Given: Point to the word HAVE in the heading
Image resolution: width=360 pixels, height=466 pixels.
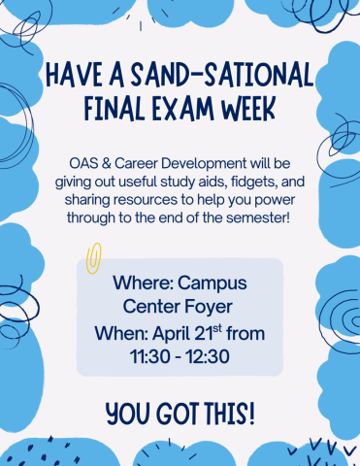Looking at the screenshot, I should click(75, 75).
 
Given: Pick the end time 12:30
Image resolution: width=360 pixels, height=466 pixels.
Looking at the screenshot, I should click(208, 358).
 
